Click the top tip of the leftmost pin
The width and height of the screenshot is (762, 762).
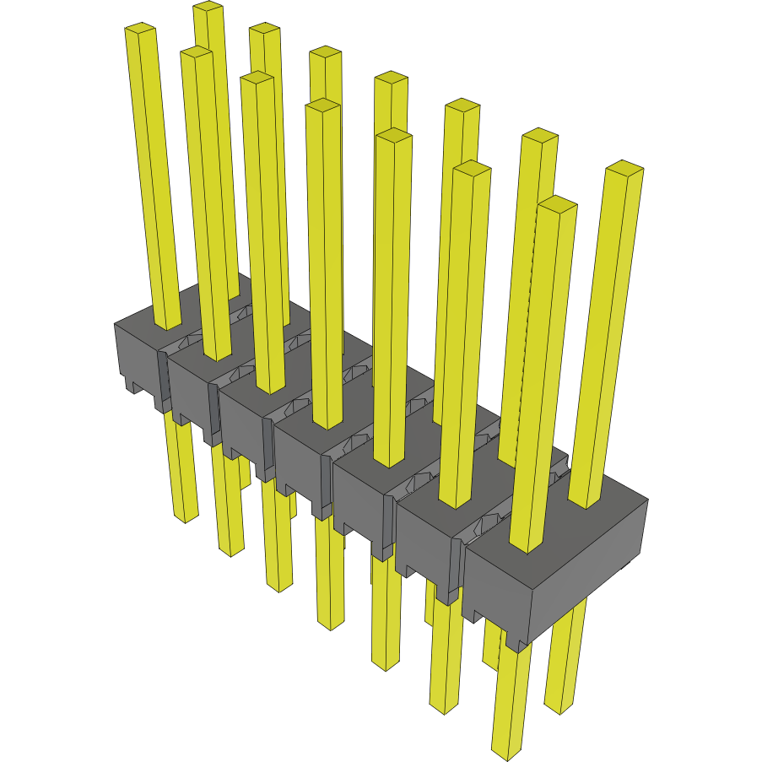click(x=141, y=30)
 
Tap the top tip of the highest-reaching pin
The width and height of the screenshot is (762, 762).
click(x=208, y=7)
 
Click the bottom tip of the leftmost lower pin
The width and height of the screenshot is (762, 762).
click(x=186, y=516)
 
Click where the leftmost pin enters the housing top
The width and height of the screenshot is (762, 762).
click(x=167, y=325)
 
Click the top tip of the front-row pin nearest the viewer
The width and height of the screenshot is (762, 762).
click(x=557, y=203)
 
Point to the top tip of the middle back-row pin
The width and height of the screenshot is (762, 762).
click(x=392, y=78)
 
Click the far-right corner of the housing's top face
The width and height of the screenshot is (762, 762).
click(x=646, y=500)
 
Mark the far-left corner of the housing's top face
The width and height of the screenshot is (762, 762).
click(x=116, y=323)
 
